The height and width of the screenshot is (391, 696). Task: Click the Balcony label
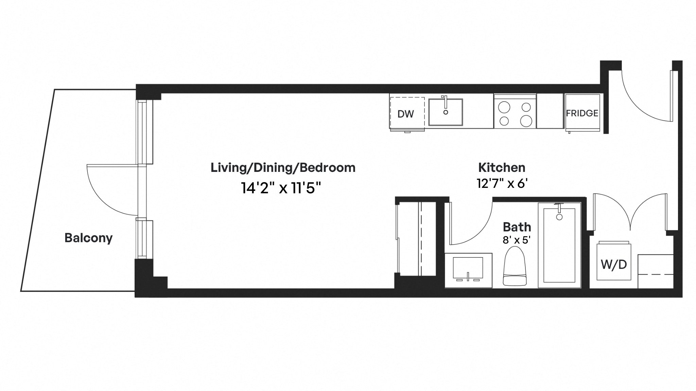[x=88, y=238]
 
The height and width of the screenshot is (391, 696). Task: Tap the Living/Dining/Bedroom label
[x=283, y=167]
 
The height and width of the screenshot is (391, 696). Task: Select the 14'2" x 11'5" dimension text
[x=281, y=188]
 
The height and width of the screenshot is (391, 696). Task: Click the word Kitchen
[x=502, y=167]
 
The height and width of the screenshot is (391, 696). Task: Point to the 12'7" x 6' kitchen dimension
[x=502, y=184]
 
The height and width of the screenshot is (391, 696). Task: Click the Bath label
[x=517, y=227]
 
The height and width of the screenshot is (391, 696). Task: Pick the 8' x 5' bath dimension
[x=517, y=240]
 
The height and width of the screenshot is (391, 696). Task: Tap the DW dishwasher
[x=407, y=113]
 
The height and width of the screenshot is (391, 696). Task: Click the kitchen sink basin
[x=446, y=112]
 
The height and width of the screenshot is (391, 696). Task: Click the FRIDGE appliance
[x=582, y=113]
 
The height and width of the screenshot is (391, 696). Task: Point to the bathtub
[x=559, y=245]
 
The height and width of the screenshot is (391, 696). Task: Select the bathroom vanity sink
[x=468, y=269]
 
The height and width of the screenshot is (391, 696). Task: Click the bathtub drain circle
[x=559, y=217]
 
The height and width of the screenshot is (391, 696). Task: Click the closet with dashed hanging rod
[x=417, y=239]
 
